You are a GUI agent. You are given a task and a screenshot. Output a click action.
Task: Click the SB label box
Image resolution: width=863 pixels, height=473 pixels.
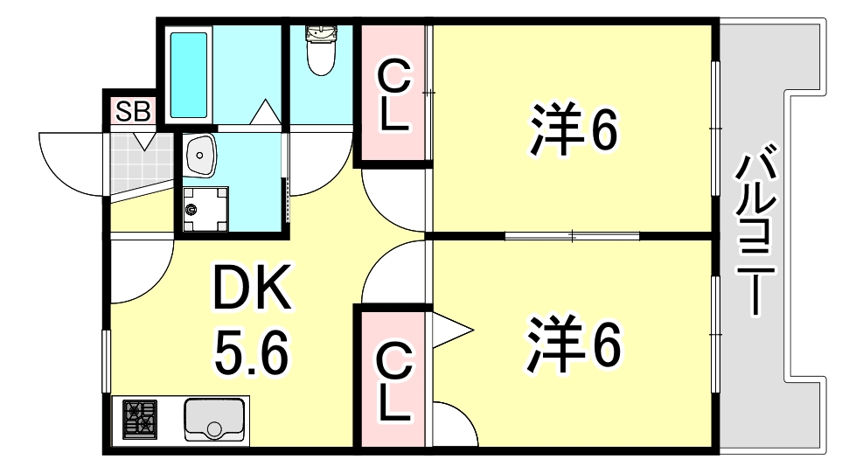tap(133, 111)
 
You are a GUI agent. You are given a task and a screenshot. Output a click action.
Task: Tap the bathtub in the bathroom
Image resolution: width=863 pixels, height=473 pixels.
tap(189, 75)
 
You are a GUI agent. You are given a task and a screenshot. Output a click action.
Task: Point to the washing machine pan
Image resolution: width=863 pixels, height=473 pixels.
tap(205, 209)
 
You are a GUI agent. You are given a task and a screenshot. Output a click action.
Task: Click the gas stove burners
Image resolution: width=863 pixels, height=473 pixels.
tap(139, 420)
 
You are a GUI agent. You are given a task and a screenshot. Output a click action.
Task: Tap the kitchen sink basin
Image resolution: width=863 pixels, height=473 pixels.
tap(214, 420)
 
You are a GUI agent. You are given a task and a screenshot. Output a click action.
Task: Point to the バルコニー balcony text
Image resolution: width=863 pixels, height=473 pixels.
tap(755, 229)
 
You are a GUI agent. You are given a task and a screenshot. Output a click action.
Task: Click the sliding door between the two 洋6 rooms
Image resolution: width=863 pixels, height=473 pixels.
tap(573, 237)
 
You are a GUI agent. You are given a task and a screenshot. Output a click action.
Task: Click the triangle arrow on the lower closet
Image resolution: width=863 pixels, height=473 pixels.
tap(452, 330)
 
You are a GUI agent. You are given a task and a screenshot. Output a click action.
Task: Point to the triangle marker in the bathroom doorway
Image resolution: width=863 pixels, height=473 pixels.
tap(266, 112)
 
